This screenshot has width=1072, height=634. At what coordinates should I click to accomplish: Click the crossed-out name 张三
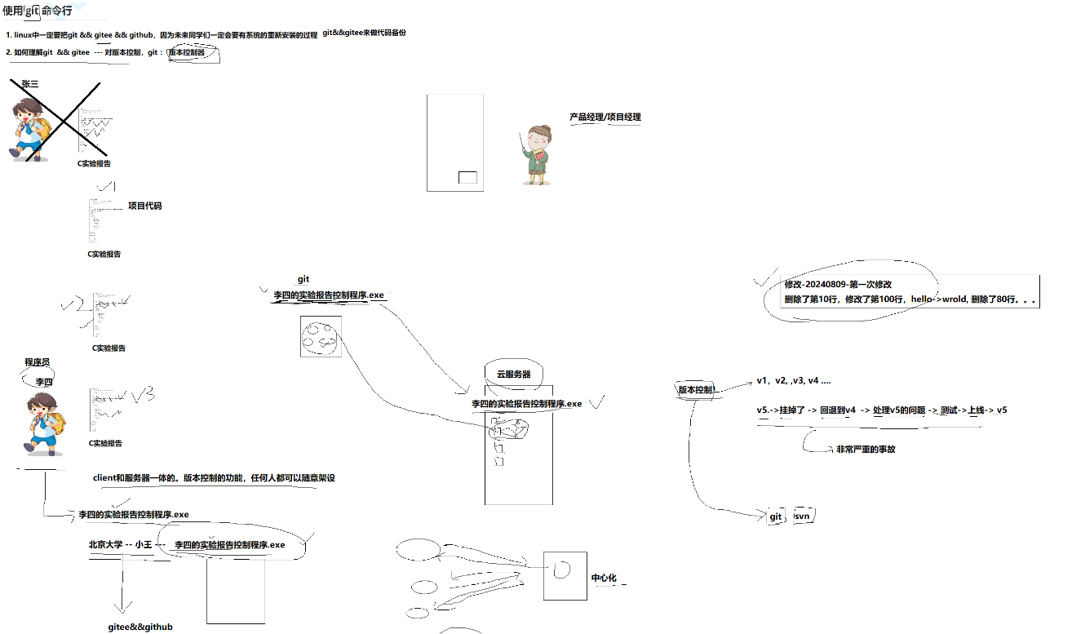[30, 83]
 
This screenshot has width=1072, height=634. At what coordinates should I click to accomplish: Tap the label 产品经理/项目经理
[605, 117]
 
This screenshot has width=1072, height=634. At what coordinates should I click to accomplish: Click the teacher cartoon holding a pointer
[536, 154]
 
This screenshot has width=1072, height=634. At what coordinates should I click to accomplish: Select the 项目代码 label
[144, 206]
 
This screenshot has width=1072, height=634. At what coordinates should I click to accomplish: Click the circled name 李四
[43, 381]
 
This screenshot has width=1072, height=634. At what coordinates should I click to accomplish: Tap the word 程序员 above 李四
[37, 361]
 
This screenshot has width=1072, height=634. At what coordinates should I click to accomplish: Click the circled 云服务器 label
[513, 374]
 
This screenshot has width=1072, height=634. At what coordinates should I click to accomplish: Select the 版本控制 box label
[696, 390]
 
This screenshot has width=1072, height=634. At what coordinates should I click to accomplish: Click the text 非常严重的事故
[865, 449]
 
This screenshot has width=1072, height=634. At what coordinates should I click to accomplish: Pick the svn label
[802, 517]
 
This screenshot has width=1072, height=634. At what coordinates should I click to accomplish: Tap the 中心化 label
[604, 578]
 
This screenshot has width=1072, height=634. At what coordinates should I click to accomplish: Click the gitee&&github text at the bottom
[140, 627]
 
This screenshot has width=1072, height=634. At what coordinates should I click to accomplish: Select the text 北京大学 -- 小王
[120, 544]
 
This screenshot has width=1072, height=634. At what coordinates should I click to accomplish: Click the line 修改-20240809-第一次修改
[838, 284]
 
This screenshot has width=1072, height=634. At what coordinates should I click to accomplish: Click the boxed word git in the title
[33, 11]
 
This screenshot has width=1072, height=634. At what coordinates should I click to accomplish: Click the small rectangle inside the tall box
[467, 178]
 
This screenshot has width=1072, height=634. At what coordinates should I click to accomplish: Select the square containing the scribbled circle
[321, 336]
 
